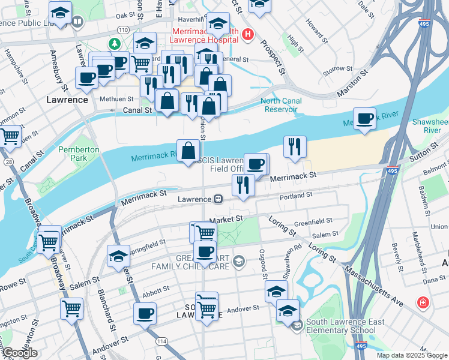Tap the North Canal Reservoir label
pyautogui.click(x=280, y=105)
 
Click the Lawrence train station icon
pyautogui.click(x=218, y=199)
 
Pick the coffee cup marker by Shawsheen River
pyautogui.click(x=364, y=119)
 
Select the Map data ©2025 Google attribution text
pyautogui.click(x=412, y=355)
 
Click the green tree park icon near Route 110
pyautogui.click(x=114, y=44)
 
